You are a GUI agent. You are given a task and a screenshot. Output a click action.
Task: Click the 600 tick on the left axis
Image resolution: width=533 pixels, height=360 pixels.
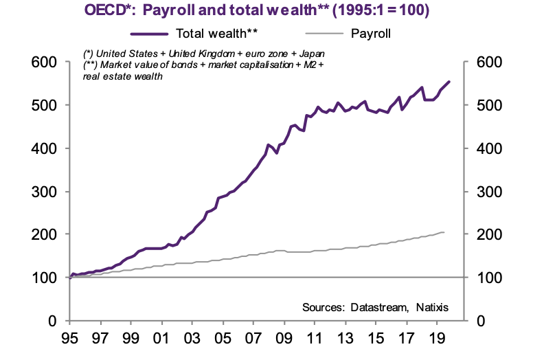pyautogui.click(x=45, y=63)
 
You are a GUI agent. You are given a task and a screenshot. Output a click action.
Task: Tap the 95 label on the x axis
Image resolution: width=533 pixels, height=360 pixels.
pyautogui.click(x=69, y=338)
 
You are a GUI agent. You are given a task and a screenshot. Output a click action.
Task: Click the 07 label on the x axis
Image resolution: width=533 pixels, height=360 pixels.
pyautogui.click(x=253, y=338)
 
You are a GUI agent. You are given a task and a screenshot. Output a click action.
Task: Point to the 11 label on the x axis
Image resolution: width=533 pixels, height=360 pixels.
pyautogui.click(x=315, y=338)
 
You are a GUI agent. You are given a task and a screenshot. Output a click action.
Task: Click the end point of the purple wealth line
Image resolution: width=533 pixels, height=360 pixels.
pyautogui.click(x=449, y=82)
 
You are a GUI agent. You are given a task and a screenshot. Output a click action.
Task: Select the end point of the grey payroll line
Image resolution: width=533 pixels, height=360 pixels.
pyautogui.click(x=444, y=232)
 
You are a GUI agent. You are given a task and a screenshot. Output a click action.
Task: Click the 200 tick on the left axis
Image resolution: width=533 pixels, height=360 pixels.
pyautogui.click(x=45, y=234)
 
